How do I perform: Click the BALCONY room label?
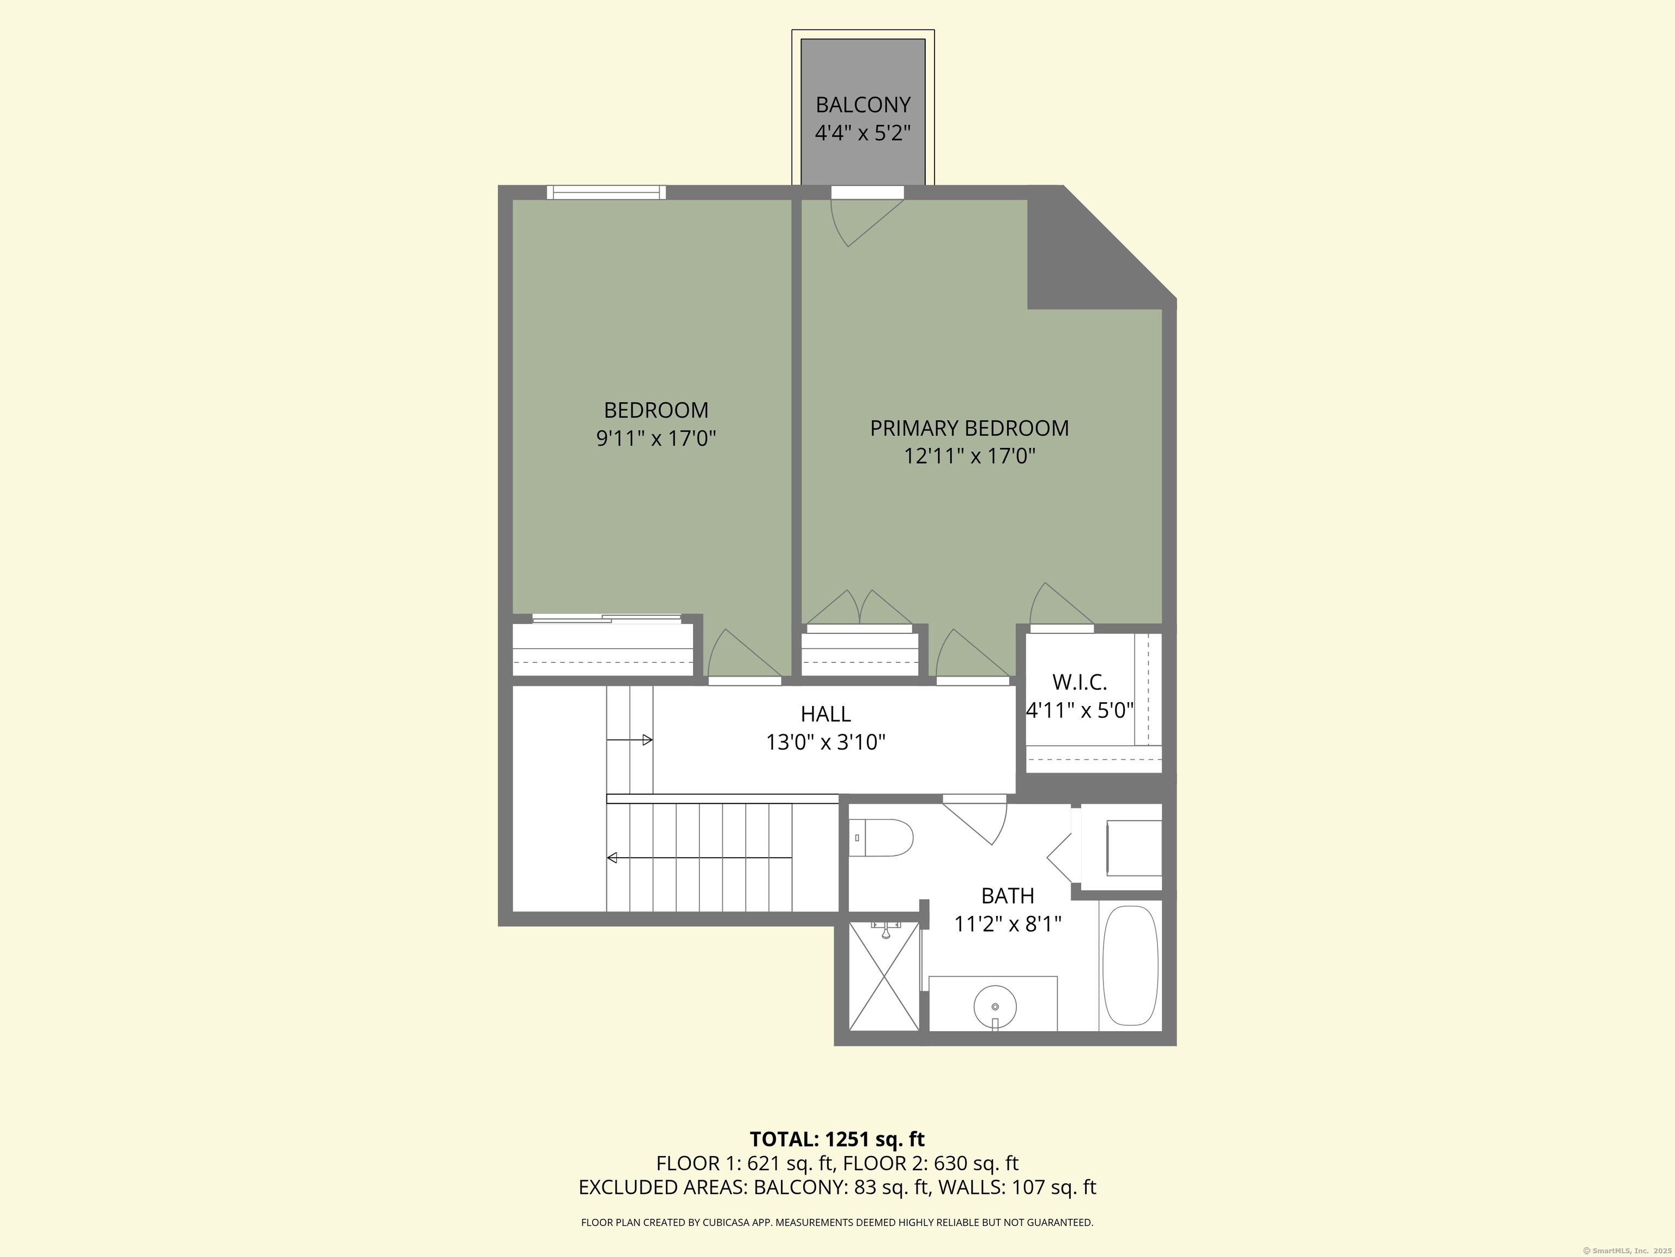[x=863, y=105]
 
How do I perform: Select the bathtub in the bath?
[x=1130, y=966]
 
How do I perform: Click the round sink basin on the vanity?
[x=995, y=1006]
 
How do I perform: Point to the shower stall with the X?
[x=884, y=977]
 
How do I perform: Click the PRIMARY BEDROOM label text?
[x=969, y=428]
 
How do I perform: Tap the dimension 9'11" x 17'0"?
[x=656, y=438]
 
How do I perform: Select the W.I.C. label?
[x=1079, y=682]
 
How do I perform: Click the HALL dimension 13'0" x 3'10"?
[x=826, y=742]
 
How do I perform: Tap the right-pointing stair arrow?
[x=629, y=739]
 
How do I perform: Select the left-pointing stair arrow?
[x=699, y=858]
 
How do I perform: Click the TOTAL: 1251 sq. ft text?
[x=837, y=1139]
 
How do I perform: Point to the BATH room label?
[x=1007, y=896]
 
